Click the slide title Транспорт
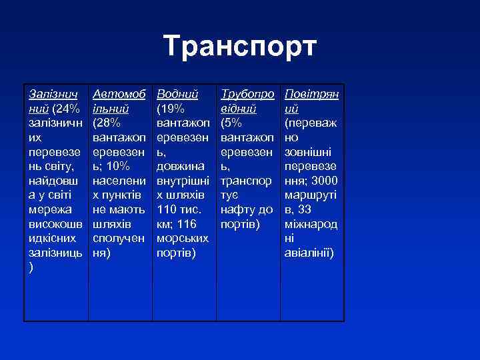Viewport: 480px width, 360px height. coord(240,47)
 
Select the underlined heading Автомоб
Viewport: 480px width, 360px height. coord(117,95)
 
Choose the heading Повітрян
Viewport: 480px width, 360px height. coord(311,95)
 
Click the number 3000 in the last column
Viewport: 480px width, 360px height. coord(325,181)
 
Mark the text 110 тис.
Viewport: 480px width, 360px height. coord(177,209)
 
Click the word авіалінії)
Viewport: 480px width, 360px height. coord(309,253)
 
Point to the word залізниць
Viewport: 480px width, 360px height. coord(52,253)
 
